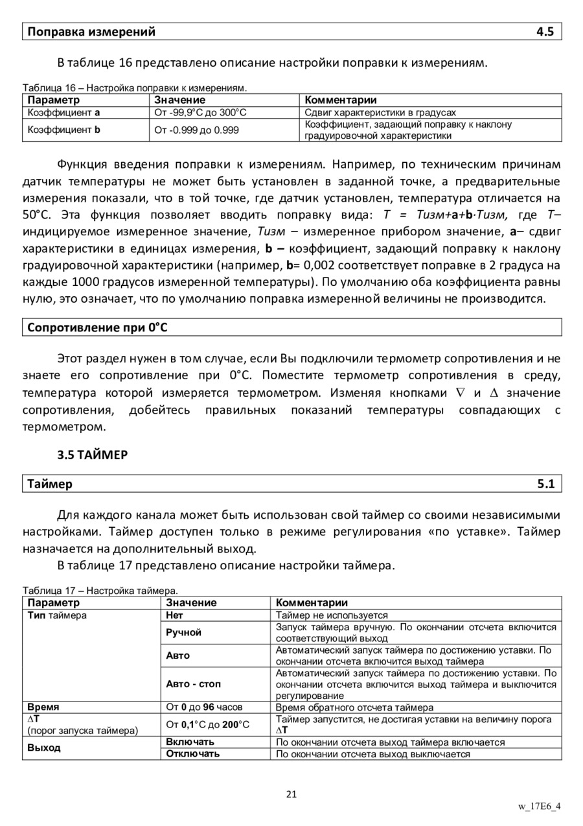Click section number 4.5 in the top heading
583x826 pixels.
pyautogui.click(x=545, y=32)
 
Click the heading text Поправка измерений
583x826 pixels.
pyautogui.click(x=91, y=32)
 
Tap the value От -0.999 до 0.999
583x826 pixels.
pyautogui.click(x=196, y=130)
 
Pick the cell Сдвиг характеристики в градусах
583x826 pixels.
pyautogui.click(x=380, y=112)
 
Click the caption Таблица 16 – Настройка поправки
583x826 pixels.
pyautogui.click(x=135, y=87)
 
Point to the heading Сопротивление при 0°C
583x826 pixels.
pyautogui.click(x=97, y=327)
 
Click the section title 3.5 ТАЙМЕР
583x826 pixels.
pyautogui.click(x=93, y=454)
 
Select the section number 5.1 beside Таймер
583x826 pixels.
pyautogui.click(x=545, y=484)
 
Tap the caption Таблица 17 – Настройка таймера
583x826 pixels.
pyautogui.click(x=100, y=591)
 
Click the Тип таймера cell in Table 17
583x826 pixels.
pyautogui.click(x=57, y=615)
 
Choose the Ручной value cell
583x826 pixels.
pyautogui.click(x=183, y=632)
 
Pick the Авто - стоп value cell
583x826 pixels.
pyautogui.click(x=193, y=683)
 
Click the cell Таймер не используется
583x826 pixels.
pyautogui.click(x=332, y=615)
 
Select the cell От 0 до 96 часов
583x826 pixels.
pyautogui.click(x=205, y=707)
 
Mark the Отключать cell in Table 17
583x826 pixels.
pyautogui.click(x=192, y=753)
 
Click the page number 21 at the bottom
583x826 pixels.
pyautogui.click(x=291, y=794)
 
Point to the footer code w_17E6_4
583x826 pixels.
pyautogui.click(x=539, y=807)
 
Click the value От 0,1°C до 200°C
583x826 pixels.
pyautogui.click(x=207, y=724)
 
